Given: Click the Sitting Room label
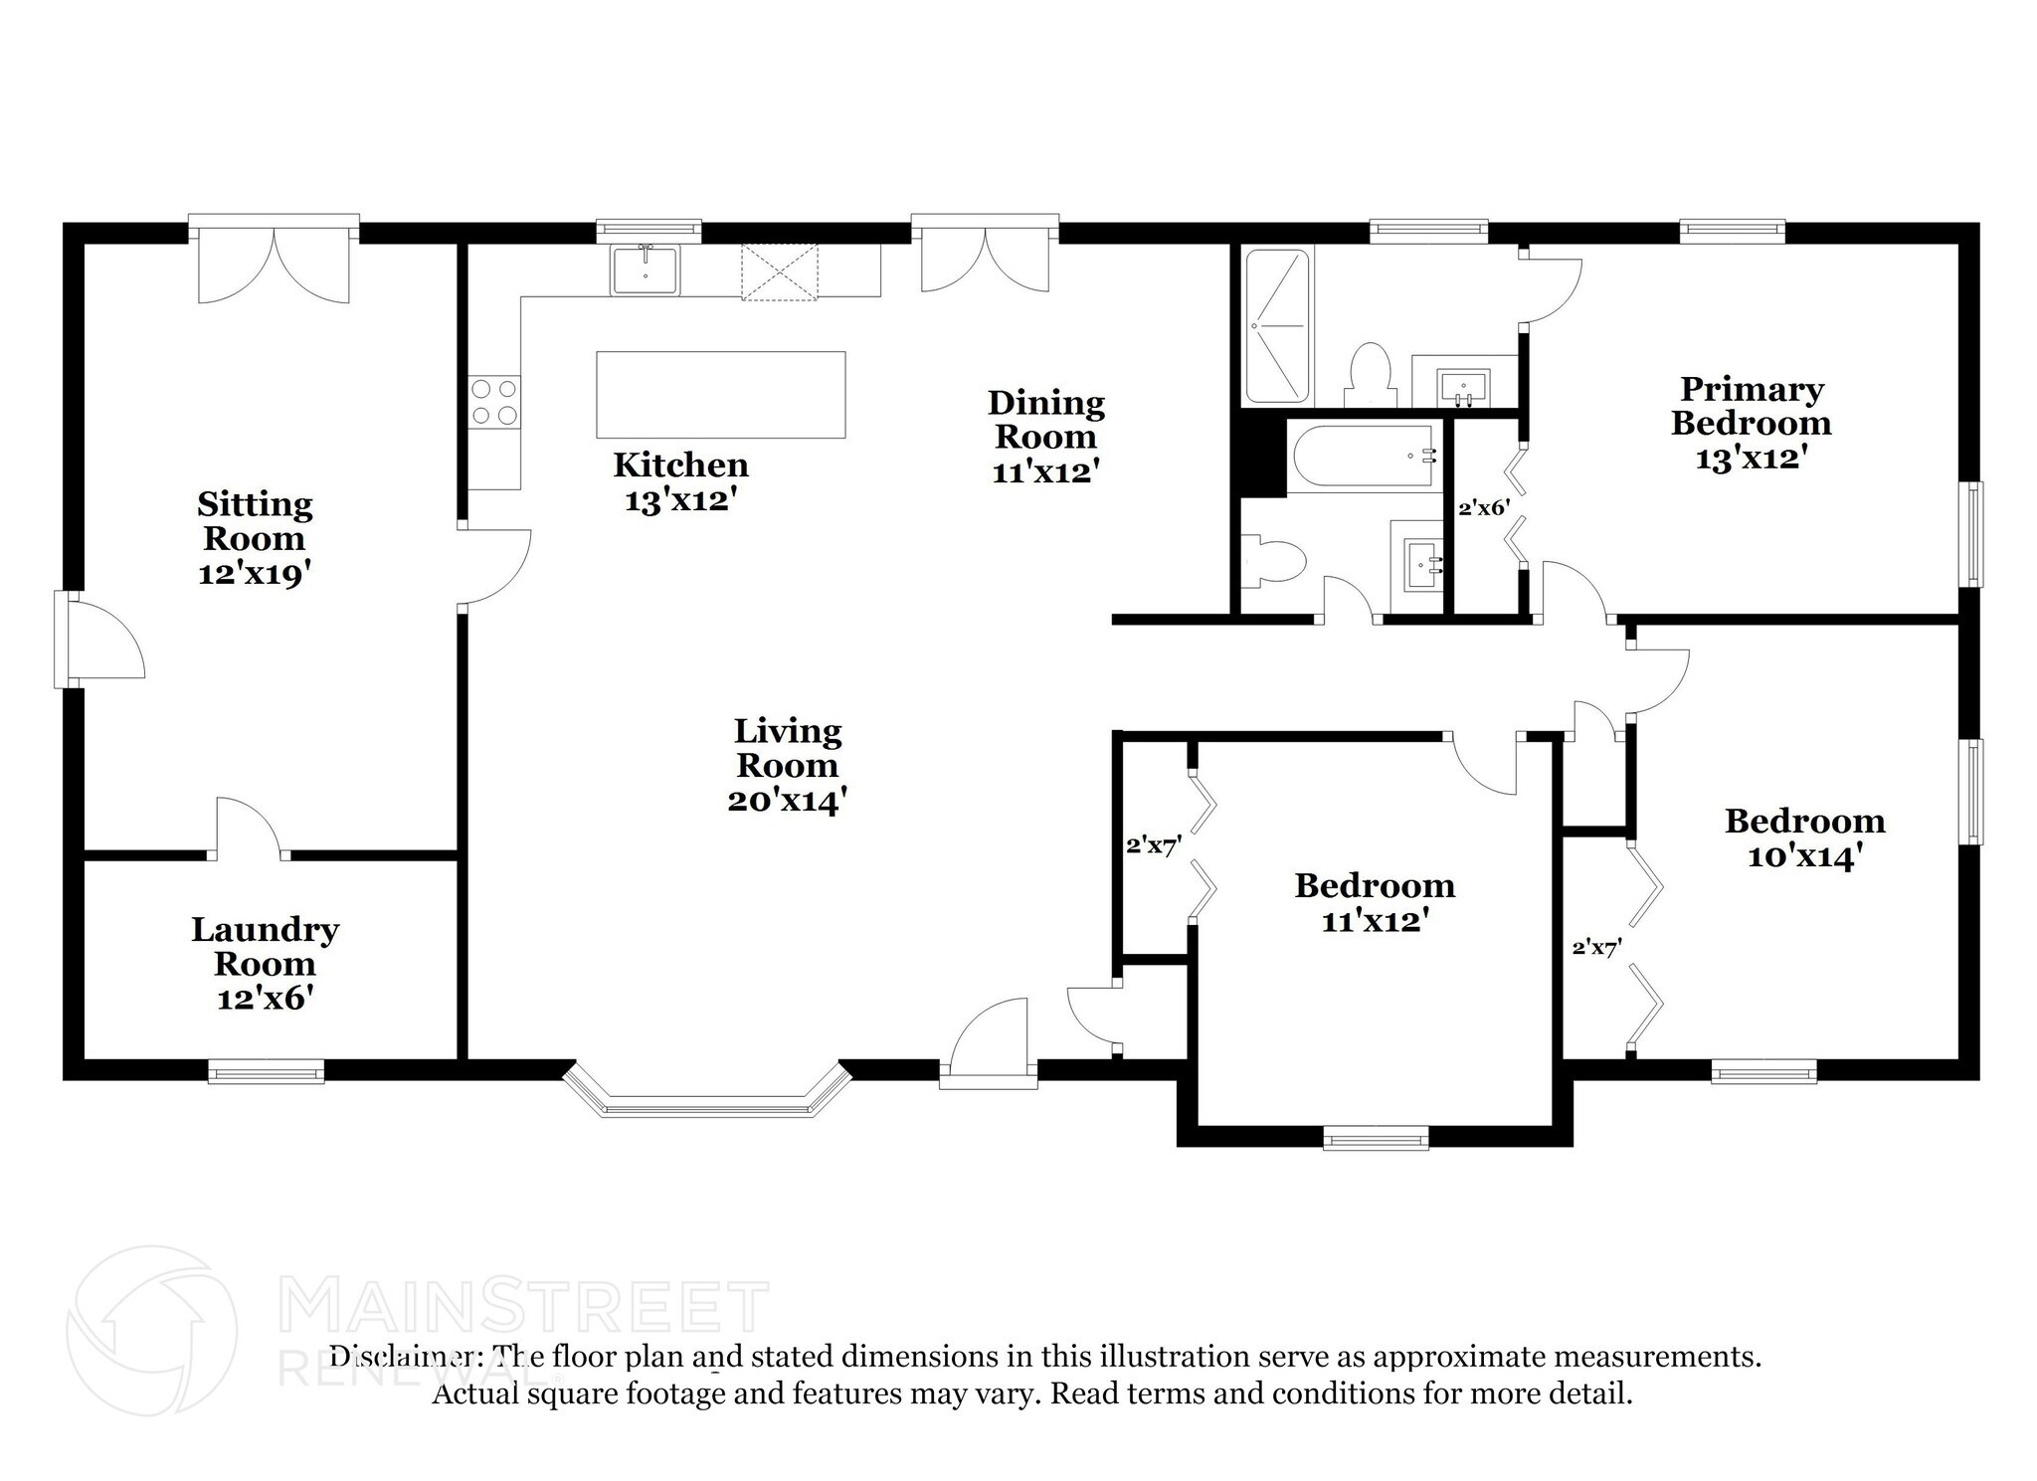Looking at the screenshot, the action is pyautogui.click(x=256, y=521).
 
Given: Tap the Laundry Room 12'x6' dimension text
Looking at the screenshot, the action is pyautogui.click(x=266, y=998).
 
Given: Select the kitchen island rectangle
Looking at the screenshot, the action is pyautogui.click(x=721, y=395).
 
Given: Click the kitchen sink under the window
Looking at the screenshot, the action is pyautogui.click(x=646, y=271).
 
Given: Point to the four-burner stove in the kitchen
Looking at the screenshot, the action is pyautogui.click(x=494, y=402).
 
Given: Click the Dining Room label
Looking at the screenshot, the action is pyautogui.click(x=1045, y=420).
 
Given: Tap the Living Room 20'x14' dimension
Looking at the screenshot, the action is pyautogui.click(x=787, y=800).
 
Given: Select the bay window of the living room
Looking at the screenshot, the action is pyautogui.click(x=707, y=1092).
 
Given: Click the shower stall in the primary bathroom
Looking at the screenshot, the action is pyautogui.click(x=1277, y=326).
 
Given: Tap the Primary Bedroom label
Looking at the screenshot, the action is pyautogui.click(x=1752, y=406).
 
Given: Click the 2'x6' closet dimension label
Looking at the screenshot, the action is pyautogui.click(x=1484, y=508).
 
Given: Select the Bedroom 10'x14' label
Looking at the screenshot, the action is pyautogui.click(x=1804, y=837).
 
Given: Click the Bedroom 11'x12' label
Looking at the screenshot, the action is pyautogui.click(x=1375, y=902).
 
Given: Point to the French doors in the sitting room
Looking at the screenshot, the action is pyautogui.click(x=275, y=261).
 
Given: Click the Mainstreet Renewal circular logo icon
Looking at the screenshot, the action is pyautogui.click(x=152, y=1331).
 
